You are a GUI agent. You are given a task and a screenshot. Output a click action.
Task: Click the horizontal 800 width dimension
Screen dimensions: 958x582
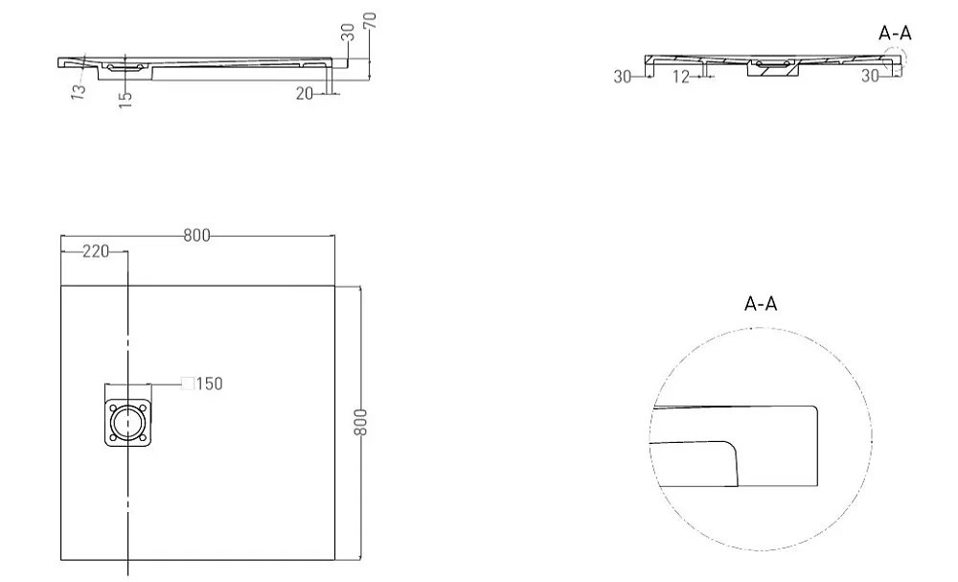[x=196, y=235]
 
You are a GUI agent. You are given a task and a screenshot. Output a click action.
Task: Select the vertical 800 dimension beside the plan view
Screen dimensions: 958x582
[x=361, y=423]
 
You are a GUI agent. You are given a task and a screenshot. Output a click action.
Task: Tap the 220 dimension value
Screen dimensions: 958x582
[x=96, y=251]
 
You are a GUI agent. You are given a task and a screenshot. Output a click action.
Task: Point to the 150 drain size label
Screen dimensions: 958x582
[x=210, y=384]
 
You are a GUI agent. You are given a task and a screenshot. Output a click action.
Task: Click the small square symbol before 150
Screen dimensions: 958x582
[x=188, y=384]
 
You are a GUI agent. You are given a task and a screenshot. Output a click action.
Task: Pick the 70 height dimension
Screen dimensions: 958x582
[x=370, y=20]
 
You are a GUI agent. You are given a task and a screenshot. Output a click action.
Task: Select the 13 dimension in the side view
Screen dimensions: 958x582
[x=79, y=91]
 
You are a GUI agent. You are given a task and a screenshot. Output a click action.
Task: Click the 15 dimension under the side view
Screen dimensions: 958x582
[x=125, y=100]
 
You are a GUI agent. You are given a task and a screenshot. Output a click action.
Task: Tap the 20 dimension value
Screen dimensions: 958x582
[x=305, y=94]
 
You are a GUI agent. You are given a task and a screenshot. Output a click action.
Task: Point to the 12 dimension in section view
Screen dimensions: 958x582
[x=680, y=77]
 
